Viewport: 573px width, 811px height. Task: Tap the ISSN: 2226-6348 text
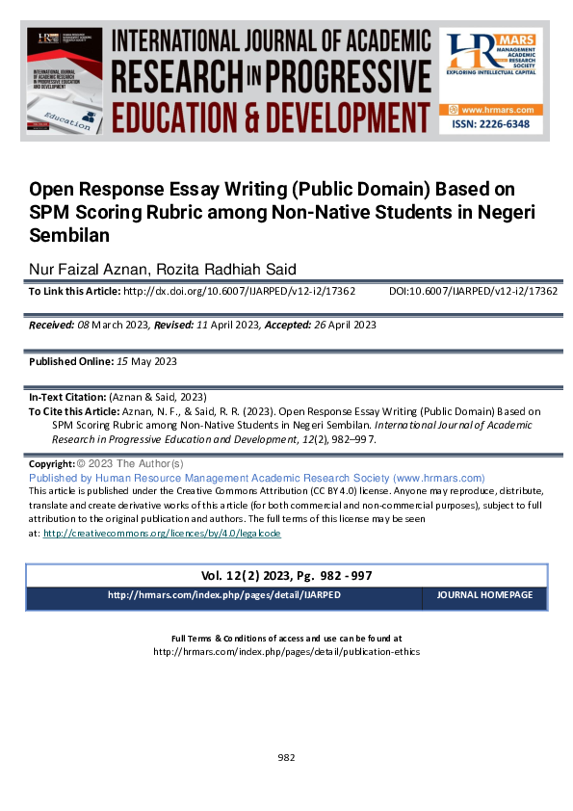pos(491,126)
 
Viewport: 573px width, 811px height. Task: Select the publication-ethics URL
pos(286,651)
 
